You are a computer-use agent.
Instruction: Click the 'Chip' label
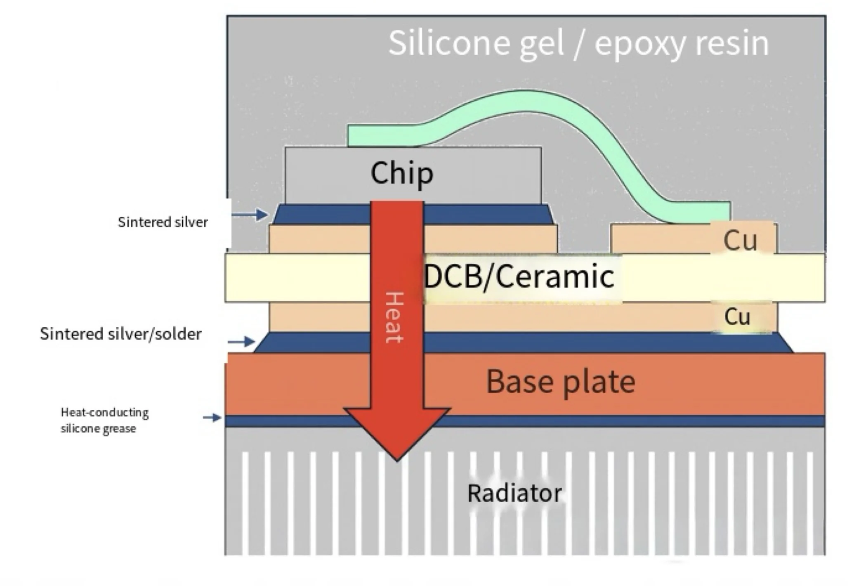[402, 173]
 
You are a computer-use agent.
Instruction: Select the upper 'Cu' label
[740, 240]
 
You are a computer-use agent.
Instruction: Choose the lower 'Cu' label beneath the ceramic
[737, 317]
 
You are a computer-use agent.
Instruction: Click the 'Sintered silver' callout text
[163, 222]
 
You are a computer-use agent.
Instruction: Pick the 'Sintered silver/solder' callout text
[120, 334]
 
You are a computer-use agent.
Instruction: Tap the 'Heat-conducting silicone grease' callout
[104, 420]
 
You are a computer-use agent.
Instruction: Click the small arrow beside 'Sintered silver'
[250, 215]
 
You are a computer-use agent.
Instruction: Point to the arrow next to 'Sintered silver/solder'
[242, 342]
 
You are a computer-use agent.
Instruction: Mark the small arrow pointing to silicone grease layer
[212, 418]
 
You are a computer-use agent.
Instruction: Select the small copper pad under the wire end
[660, 239]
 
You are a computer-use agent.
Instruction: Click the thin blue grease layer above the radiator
[619, 421]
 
